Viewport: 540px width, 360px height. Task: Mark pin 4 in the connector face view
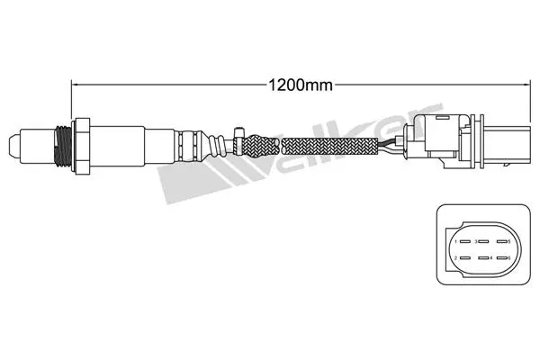[484, 259]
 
